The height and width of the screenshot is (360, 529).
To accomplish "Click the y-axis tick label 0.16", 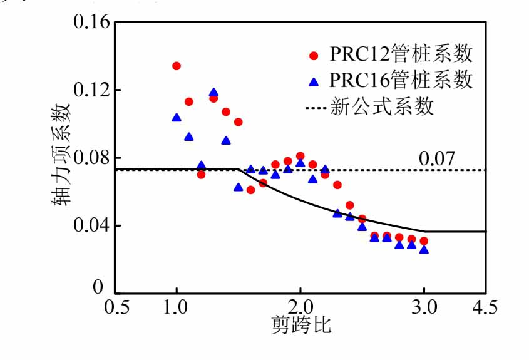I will point(92,24).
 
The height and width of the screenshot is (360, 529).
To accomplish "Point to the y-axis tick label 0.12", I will point(92,90).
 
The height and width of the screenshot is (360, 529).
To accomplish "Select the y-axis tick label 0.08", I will point(92,158).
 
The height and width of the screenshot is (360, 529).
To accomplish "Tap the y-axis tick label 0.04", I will point(92,225).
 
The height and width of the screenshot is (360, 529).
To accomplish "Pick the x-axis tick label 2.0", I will point(300,307).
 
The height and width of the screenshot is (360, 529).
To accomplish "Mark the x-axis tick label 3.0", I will point(424,307).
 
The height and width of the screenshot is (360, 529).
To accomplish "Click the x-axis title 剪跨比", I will point(300,325).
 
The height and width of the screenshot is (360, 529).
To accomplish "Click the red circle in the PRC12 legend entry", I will point(314,55).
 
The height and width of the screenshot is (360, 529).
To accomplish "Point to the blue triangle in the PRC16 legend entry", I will point(314,81).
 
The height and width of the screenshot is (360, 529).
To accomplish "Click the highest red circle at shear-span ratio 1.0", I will point(177,66).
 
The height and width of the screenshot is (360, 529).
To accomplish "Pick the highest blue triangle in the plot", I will point(213,93).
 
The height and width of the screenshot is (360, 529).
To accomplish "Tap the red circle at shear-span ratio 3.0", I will point(424,241).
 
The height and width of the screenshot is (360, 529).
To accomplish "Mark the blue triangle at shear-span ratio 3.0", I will point(424,250).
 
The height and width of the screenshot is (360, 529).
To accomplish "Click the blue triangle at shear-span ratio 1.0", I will point(177,118).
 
